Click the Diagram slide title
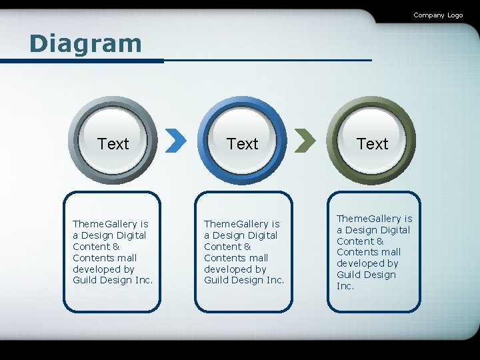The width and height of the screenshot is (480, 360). [85, 44]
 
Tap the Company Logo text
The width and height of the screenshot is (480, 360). [437, 15]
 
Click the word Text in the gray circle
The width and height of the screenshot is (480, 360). [113, 144]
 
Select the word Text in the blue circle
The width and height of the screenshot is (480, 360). [242, 144]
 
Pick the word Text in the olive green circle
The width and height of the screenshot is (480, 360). [372, 144]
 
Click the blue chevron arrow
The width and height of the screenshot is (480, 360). [175, 141]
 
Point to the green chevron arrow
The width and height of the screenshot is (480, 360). [305, 141]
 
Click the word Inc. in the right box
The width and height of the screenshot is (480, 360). [345, 286]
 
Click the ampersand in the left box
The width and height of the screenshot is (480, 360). [116, 247]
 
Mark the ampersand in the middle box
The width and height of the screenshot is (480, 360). [247, 247]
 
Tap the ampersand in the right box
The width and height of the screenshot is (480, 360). [380, 241]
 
